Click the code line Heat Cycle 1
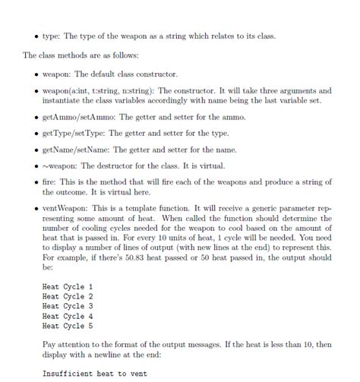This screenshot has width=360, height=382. pyautogui.click(x=68, y=286)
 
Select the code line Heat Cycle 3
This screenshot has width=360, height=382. pyautogui.click(x=68, y=306)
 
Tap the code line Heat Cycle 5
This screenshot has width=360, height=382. pyautogui.click(x=68, y=325)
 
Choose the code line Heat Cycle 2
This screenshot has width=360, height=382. pyautogui.click(x=68, y=296)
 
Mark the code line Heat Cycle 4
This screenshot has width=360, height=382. pyautogui.click(x=68, y=315)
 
